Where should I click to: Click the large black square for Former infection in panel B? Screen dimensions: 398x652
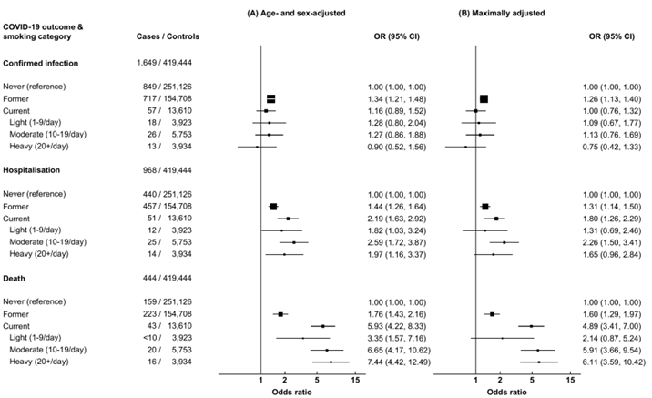coord(484,98)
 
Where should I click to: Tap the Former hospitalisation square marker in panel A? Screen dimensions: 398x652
coord(273,207)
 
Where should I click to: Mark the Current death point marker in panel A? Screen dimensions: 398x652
coord(323,325)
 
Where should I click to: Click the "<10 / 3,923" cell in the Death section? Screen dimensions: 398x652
coord(162,337)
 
